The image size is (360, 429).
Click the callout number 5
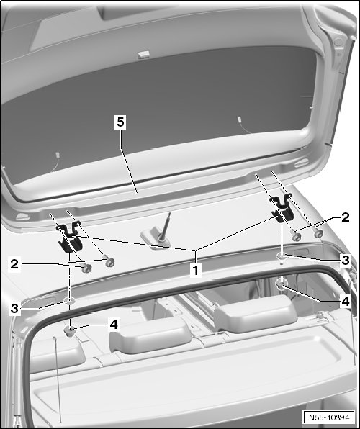point(120,122)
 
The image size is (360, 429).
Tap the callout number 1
point(195,270)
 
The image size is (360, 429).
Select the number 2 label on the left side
point(14,264)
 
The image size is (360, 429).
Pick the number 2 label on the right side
point(345,217)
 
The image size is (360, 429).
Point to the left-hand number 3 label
point(14,308)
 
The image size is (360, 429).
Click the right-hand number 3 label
point(346,260)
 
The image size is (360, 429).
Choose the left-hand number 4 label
point(113,325)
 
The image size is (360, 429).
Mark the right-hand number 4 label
point(346,301)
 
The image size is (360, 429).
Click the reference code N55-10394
point(329,417)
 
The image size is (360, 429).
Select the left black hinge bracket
point(69,238)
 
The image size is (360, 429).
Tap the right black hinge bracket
point(282,209)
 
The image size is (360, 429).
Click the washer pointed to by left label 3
point(70,301)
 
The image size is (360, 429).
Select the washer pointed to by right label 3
point(282,256)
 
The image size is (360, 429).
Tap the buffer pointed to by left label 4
point(70,331)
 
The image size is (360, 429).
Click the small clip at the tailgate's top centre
point(143,54)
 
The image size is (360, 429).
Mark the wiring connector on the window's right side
point(240,120)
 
